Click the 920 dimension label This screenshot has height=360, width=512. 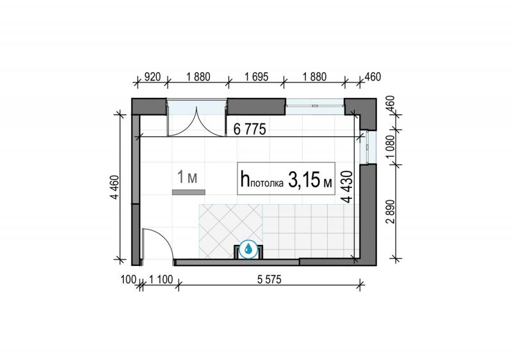tap(152, 77)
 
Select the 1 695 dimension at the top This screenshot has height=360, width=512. tap(257, 77)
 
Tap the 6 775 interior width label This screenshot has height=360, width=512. tap(250, 130)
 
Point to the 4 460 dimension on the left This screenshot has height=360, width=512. tap(115, 187)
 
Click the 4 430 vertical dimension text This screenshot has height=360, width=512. tap(348, 187)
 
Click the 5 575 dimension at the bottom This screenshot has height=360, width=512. tap(269, 279)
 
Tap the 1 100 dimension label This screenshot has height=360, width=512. tap(161, 279)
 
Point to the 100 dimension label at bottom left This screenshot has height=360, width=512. tap(128, 279)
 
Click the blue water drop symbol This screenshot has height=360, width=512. tap(248, 249)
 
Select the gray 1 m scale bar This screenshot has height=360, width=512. tap(189, 192)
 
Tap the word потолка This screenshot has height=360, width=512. tap(267, 184)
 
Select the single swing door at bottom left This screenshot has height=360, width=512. tap(156, 245)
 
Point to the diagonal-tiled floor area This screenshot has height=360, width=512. tap(230, 231)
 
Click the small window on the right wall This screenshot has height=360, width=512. tap(369, 147)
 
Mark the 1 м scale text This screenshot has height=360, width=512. tap(187, 177)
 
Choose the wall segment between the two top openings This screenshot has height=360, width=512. tap(257, 107)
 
